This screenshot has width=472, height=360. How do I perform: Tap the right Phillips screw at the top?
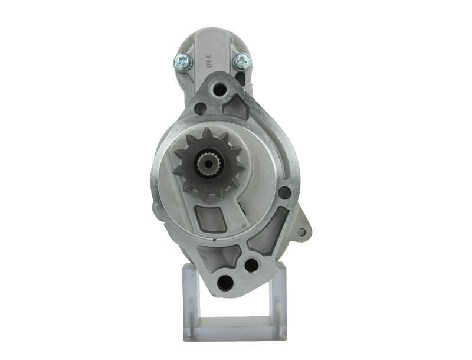click(x=241, y=60)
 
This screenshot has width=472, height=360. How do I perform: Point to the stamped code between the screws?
click(x=208, y=60)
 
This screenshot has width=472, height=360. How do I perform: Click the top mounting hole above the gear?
click(x=219, y=90)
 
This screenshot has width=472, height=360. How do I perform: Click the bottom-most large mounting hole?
click(x=225, y=282)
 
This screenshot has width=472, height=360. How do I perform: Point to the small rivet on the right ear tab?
click(x=301, y=232)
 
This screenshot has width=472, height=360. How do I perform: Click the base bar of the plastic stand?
click(x=234, y=330)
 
